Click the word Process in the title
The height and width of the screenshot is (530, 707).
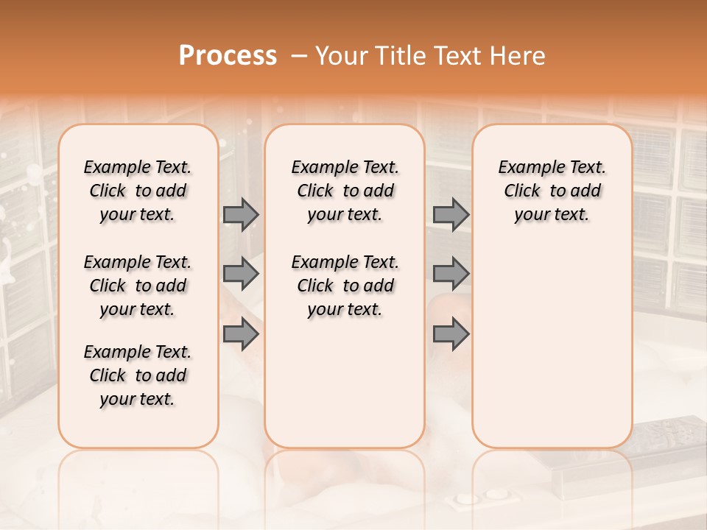click(x=228, y=56)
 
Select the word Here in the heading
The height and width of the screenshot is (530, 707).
click(x=519, y=56)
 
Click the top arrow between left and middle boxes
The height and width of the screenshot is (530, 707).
click(x=241, y=214)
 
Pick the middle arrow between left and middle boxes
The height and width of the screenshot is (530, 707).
click(x=241, y=274)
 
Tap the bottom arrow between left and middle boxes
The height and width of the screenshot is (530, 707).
click(x=241, y=335)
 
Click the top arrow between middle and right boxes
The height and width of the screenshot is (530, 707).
click(x=451, y=214)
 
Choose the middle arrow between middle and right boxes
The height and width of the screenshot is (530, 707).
click(x=451, y=274)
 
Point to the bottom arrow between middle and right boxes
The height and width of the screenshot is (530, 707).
click(x=451, y=335)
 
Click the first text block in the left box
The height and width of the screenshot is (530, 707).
click(x=138, y=191)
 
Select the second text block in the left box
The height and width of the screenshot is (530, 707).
click(x=138, y=286)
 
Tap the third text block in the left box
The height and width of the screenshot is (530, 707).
click(x=138, y=375)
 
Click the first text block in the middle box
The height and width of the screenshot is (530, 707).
click(x=345, y=191)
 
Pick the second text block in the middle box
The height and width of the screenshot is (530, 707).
click(x=345, y=286)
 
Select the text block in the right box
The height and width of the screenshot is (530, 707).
click(x=552, y=191)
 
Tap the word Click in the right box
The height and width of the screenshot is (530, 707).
click(x=522, y=191)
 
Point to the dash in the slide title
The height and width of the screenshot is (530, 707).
click(x=298, y=56)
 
